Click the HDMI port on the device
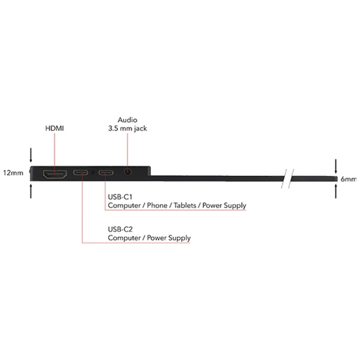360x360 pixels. point(55,174)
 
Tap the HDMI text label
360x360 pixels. point(55,128)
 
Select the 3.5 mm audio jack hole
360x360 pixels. point(128,172)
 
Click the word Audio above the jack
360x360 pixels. point(127,120)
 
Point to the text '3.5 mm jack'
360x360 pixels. point(127,128)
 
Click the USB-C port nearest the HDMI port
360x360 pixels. point(80,172)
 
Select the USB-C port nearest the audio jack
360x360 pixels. point(106,172)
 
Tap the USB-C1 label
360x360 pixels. point(120,197)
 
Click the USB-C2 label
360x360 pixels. point(121,229)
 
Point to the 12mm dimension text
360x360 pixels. point(13,173)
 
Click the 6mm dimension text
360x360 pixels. point(349,179)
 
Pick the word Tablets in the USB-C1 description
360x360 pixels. point(185,205)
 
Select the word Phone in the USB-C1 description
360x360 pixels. point(157,205)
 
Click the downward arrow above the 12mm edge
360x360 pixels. point(31,155)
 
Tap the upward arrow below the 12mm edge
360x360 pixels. point(31,191)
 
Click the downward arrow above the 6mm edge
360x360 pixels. point(336,166)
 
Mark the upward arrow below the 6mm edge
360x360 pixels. point(336,191)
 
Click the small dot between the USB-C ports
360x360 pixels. point(93,172)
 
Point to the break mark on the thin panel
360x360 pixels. point(287,179)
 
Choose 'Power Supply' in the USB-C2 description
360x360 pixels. point(169,238)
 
